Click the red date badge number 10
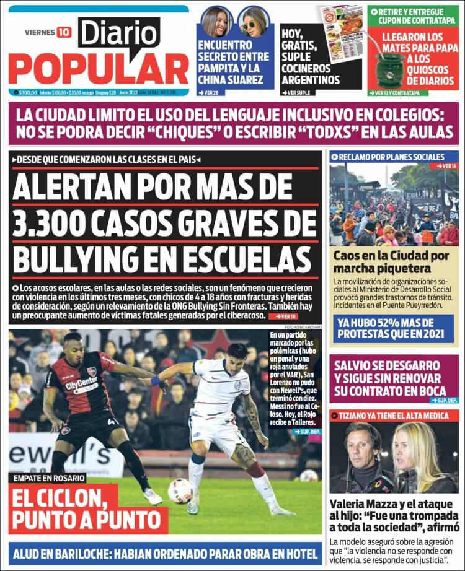pyautogui.click(x=64, y=32)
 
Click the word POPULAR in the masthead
pyautogui.click(x=99, y=69)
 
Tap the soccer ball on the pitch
pyautogui.click(x=180, y=490)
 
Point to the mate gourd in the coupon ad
pyautogui.click(x=389, y=68)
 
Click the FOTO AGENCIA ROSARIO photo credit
pyautogui.click(x=303, y=326)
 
